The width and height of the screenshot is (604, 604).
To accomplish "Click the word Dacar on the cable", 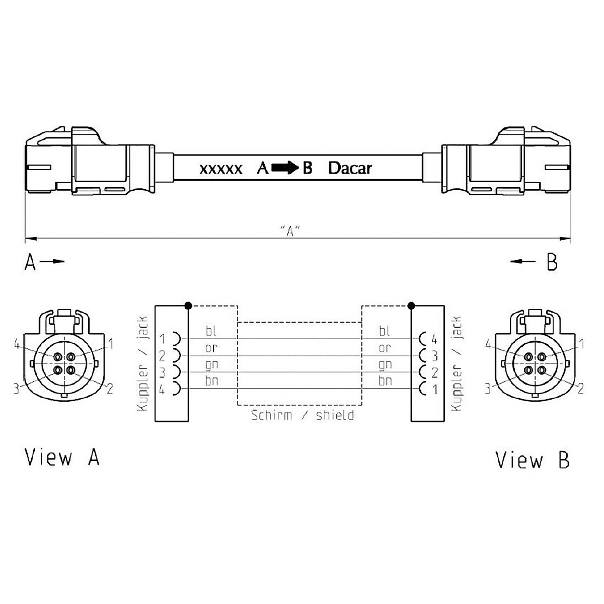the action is click(x=350, y=168).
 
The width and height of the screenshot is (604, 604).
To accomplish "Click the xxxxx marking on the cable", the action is click(x=221, y=169).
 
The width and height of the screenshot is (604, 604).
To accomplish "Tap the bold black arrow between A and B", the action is click(x=284, y=168).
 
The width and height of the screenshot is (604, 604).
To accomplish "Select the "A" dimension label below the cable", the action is click(x=290, y=231).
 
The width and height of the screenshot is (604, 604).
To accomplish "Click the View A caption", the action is click(x=62, y=458).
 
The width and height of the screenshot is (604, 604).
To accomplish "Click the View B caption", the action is click(x=533, y=460).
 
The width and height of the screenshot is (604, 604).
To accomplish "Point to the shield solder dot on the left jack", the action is click(x=188, y=306).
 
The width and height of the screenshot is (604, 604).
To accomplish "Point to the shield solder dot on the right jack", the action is click(x=412, y=306).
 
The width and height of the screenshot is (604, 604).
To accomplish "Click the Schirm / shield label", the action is click(x=303, y=415).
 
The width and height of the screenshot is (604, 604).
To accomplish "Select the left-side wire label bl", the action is click(x=211, y=330).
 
